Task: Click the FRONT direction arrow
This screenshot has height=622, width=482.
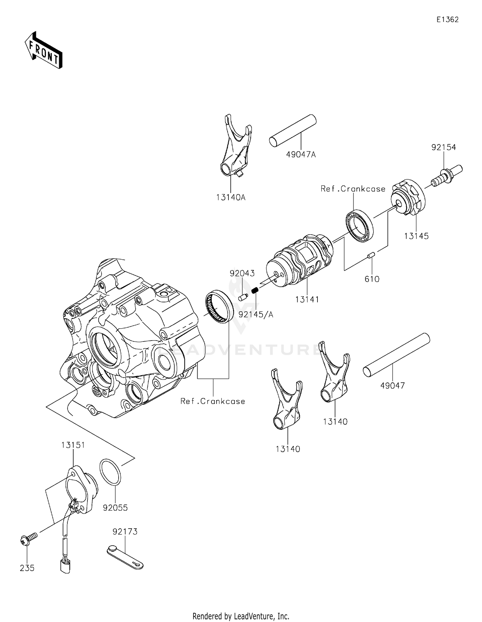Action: tap(44, 50)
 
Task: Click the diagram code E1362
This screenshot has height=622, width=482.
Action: tap(447, 20)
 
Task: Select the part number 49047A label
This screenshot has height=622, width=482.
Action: tap(301, 155)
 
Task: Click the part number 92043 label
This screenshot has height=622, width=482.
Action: tap(242, 273)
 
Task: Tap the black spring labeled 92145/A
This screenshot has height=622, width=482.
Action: tap(255, 290)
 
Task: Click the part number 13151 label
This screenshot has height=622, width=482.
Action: tap(73, 445)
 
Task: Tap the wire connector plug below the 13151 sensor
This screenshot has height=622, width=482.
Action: tap(65, 566)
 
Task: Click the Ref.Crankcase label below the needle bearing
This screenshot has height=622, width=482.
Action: tap(213, 401)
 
